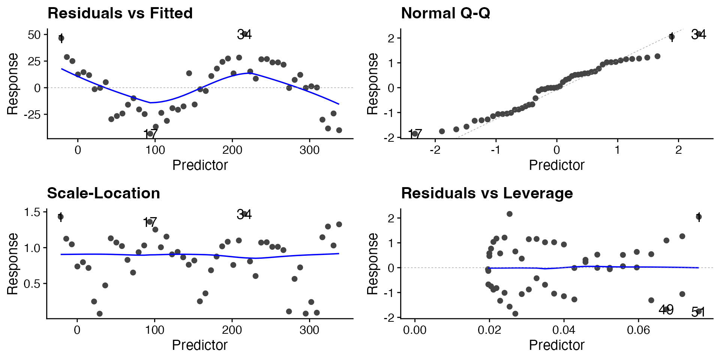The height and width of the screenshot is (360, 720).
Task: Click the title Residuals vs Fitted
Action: point(120,13)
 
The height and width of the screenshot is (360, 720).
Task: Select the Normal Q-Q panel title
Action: point(445,13)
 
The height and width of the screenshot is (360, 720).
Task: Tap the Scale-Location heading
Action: point(103,193)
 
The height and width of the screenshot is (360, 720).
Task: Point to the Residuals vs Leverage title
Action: point(487,193)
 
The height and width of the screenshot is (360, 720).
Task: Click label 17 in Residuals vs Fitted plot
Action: point(150,134)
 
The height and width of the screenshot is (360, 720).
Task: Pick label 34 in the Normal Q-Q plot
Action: point(698,35)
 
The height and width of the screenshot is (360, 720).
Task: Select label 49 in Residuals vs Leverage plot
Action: point(666,310)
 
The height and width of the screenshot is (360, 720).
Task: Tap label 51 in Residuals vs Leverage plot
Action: point(698,312)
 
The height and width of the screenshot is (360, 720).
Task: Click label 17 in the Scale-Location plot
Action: point(150,222)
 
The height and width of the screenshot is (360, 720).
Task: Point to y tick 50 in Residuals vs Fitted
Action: point(34,35)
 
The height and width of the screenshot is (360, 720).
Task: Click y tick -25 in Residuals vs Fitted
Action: point(32,114)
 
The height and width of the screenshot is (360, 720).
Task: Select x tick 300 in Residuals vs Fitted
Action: point(309,150)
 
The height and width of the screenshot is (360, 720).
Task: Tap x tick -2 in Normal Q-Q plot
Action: point(435,150)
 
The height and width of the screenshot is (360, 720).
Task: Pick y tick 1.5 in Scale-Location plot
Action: point(32,212)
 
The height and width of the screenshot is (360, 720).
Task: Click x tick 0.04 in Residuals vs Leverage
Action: point(564,330)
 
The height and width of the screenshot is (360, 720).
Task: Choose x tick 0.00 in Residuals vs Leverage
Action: point(415,330)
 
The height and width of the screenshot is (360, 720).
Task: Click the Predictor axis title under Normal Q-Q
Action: point(556,165)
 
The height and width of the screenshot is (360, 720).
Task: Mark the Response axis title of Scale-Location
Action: point(13,264)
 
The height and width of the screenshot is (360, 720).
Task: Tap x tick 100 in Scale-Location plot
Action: point(154,330)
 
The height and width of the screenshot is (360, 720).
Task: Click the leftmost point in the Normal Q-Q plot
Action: point(415,134)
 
